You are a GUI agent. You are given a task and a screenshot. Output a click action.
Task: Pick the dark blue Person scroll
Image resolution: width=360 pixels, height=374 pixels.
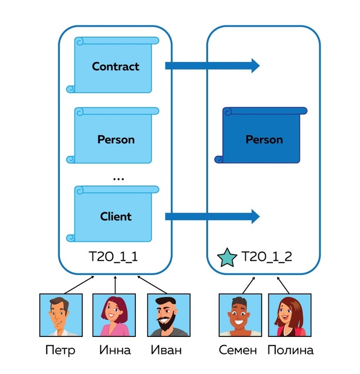(x=263, y=139)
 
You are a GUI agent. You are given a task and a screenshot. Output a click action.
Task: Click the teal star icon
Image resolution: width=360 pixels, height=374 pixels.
(x=226, y=257)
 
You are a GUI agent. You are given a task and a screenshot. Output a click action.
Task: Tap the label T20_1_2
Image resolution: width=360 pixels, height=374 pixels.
(x=267, y=256)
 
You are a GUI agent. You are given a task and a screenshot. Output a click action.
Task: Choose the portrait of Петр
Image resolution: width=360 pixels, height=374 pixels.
(x=60, y=315)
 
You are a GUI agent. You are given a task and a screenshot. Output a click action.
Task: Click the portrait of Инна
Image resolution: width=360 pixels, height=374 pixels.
(x=115, y=315)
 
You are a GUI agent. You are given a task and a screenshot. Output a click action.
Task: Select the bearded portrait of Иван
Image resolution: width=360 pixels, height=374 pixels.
(x=168, y=315)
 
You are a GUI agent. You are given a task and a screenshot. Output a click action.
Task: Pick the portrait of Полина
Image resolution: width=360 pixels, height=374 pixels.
(x=290, y=315)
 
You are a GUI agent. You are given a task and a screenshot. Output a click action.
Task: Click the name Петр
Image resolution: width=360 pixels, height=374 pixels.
(x=60, y=351)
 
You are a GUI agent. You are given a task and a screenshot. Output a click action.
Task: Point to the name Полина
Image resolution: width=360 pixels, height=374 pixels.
(x=290, y=351)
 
